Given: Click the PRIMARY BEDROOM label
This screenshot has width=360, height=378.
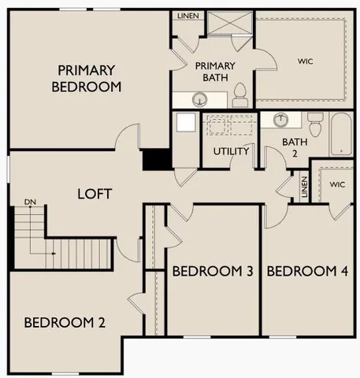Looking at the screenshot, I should tap(86, 78).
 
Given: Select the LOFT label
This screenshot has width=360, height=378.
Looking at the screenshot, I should tap(94, 193).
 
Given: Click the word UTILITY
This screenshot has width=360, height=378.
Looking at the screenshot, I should tap(232, 151).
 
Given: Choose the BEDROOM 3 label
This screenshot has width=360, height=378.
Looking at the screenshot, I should tap(212, 272).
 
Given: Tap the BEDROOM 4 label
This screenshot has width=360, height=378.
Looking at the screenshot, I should tap(307, 272).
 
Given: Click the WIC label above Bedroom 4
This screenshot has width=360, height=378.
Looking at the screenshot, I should tap(337, 184).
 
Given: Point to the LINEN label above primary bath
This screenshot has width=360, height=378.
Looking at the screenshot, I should tap(187, 15).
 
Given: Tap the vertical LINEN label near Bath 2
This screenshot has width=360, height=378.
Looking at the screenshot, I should tap(304, 187).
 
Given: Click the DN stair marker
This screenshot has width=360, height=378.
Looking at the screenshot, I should tap(31, 202).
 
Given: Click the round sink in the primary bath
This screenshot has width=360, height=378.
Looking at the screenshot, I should tap(200, 98).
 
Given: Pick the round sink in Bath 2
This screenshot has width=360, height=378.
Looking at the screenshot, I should tap(281, 120).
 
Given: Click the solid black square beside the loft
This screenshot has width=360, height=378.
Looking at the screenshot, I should tap(156, 159).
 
